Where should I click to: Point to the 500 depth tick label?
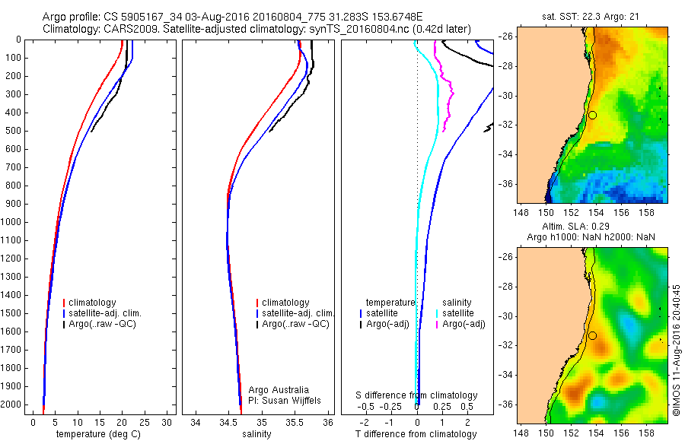click(12, 131)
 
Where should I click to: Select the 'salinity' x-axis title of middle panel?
click(255, 434)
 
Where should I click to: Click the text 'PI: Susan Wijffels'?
click(286, 399)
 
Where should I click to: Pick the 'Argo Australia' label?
click(279, 389)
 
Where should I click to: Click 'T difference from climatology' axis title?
click(416, 434)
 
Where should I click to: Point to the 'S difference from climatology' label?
click(417, 395)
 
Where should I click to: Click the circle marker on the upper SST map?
click(592, 115)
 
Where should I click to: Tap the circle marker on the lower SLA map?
click(592, 335)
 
